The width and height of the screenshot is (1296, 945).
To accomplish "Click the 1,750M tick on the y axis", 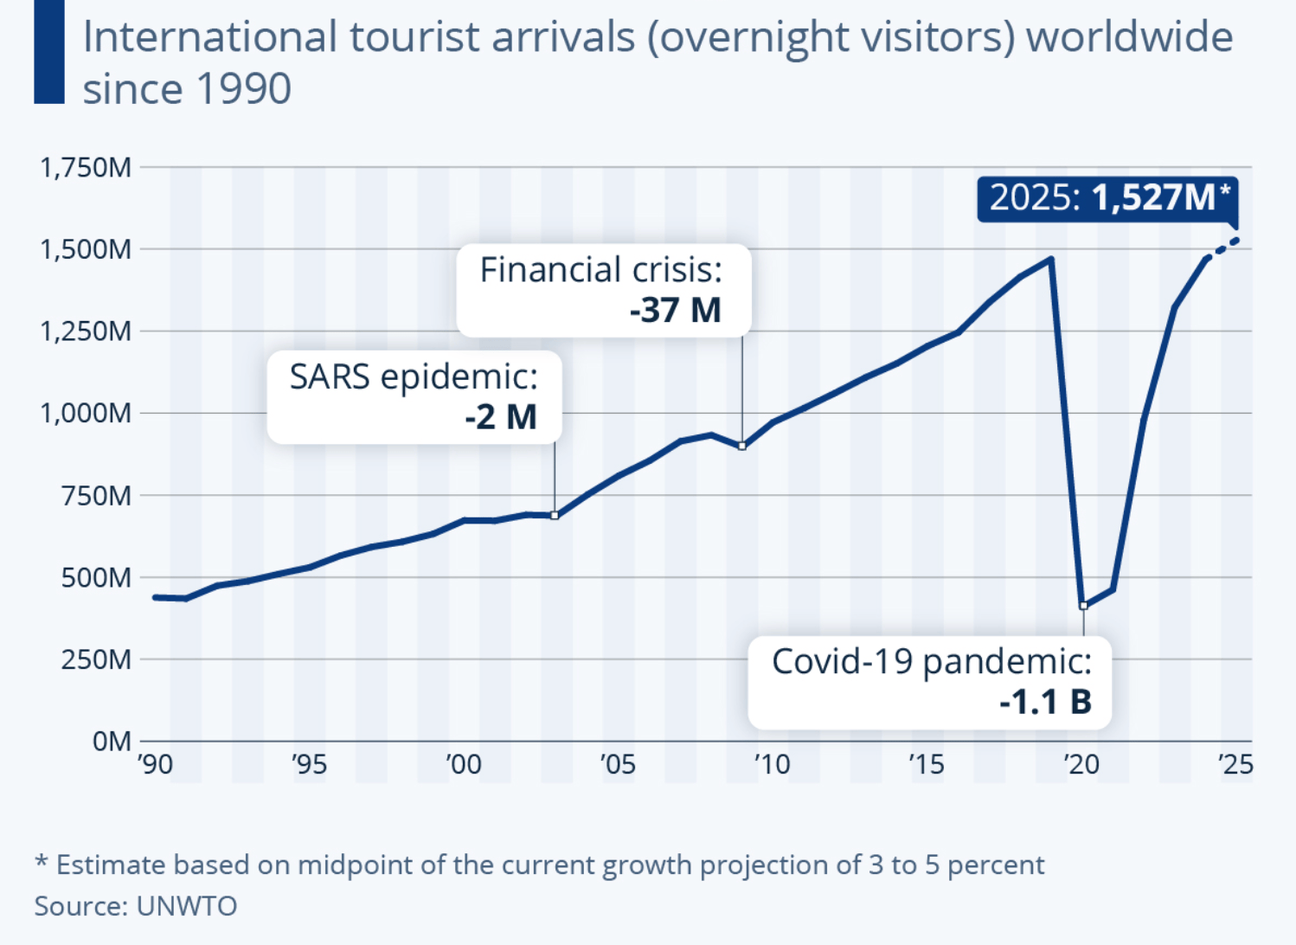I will (x=86, y=167).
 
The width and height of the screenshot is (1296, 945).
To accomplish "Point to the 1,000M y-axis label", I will (x=86, y=413).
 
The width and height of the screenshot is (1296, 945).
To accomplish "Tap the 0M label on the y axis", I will (x=112, y=742).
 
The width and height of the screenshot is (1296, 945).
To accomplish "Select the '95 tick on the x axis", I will (x=309, y=764).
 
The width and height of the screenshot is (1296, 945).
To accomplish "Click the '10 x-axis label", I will (x=772, y=764).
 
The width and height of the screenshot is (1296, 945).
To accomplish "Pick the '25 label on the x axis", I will (x=1235, y=764).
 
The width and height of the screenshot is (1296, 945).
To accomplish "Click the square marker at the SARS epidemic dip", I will (x=555, y=516).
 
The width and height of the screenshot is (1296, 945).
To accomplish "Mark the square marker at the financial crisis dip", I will (x=742, y=447).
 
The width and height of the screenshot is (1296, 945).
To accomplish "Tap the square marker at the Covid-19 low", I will (x=1083, y=606).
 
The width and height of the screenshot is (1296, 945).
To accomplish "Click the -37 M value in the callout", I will (x=676, y=311).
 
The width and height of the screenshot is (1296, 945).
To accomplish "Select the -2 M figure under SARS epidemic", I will (x=501, y=417).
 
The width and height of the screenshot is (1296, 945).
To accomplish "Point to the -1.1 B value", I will (x=1045, y=702).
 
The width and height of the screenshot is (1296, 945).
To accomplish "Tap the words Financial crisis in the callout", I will (x=600, y=270).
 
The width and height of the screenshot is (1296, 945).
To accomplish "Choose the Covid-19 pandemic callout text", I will (x=931, y=661).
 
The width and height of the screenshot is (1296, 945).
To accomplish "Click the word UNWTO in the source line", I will (x=187, y=905).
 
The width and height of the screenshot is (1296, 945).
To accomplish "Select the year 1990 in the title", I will (x=245, y=88).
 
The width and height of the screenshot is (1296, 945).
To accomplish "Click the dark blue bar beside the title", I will (x=49, y=52).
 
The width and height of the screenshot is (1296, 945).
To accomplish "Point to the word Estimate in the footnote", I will (x=111, y=865).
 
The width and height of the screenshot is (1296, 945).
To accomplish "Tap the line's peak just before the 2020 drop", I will (x=1051, y=259).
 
